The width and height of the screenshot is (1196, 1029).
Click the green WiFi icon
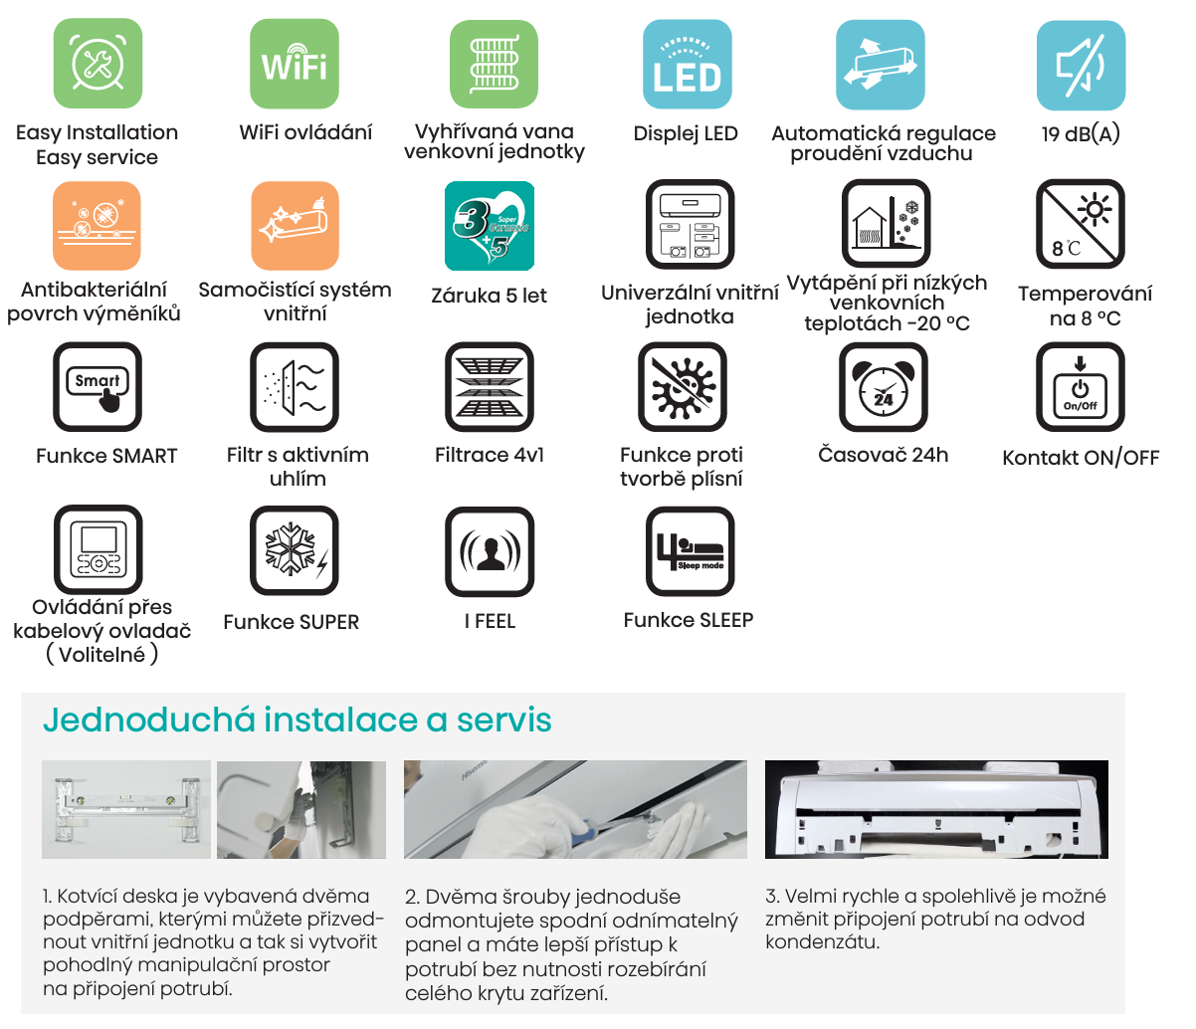pyautogui.click(x=295, y=65)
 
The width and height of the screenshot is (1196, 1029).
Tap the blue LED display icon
pyautogui.click(x=687, y=65)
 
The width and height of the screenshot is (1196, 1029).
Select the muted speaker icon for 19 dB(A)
pyautogui.click(x=1081, y=65)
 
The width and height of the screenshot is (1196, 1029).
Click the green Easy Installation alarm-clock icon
pyautogui.click(x=97, y=65)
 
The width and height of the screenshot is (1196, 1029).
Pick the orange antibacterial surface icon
pyautogui.click(x=97, y=226)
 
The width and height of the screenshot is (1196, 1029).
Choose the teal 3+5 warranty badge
pyautogui.click(x=490, y=226)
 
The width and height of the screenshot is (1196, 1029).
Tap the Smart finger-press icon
pyautogui.click(x=98, y=387)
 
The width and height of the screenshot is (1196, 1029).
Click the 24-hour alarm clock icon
pyautogui.click(x=883, y=387)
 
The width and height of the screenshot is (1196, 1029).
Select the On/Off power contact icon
pyautogui.click(x=1081, y=387)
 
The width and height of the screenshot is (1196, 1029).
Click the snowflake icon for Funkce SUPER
pyautogui.click(x=295, y=550)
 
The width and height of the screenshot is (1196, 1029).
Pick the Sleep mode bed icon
pyautogui.click(x=690, y=550)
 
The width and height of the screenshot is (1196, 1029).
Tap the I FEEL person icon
pyautogui.click(x=490, y=550)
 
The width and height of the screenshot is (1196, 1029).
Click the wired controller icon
pyautogui.click(x=99, y=550)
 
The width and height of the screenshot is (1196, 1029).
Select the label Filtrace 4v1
pyautogui.click(x=490, y=456)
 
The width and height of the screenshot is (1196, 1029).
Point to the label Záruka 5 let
pyautogui.click(x=490, y=296)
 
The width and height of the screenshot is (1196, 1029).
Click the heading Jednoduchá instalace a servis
pyautogui.click(x=297, y=720)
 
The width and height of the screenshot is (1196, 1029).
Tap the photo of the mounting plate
pyautogui.click(x=126, y=810)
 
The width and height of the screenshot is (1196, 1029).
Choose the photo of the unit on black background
pyautogui.click(x=936, y=810)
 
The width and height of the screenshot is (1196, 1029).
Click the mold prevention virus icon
pyautogui.click(x=683, y=387)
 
